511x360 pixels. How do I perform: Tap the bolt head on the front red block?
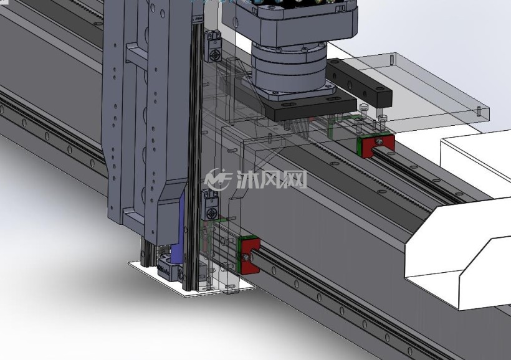(246, 258)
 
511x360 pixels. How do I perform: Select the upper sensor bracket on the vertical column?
(212, 46)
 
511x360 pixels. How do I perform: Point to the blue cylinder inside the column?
(178, 228)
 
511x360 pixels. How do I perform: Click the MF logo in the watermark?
(218, 179)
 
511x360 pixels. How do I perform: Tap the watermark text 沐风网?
(271, 179)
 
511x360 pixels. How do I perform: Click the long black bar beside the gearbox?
(358, 83)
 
